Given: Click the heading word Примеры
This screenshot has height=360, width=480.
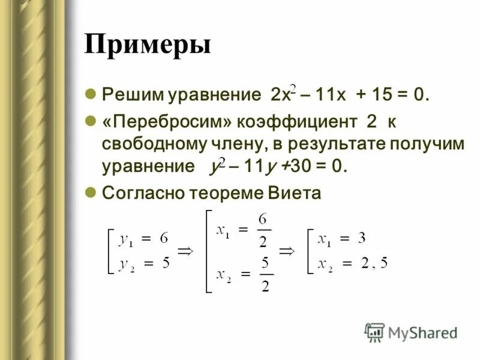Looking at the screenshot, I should [148, 45].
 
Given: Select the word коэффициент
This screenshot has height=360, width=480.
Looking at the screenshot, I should [298, 122].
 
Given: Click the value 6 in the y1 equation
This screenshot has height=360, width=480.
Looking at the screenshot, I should [163, 238].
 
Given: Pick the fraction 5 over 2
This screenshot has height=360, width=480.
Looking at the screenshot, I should [265, 274].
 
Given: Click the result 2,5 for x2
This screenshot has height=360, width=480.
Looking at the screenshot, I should [373, 263].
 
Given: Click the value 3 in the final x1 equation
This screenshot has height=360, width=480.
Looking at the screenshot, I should [361, 238].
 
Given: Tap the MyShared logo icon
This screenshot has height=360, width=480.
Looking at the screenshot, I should [374, 331].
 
